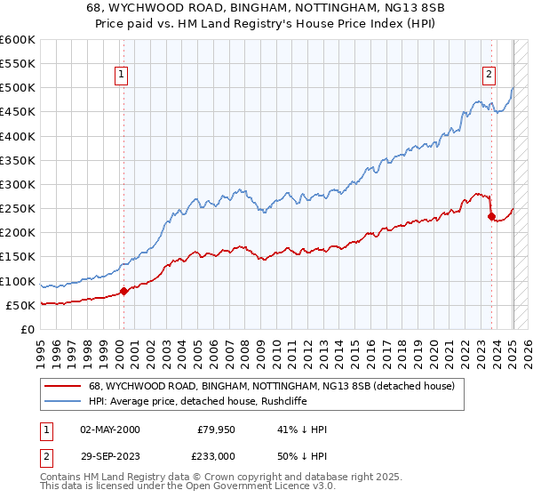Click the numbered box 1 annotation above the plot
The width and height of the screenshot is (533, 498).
coord(120,75)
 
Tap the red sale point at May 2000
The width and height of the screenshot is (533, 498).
coord(123,290)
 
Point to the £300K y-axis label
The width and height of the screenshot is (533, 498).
coord(18,184)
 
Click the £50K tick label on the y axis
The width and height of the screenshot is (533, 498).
coord(21,305)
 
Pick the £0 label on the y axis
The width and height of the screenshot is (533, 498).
coord(28,329)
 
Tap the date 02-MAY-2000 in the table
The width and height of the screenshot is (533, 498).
coord(109,429)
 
